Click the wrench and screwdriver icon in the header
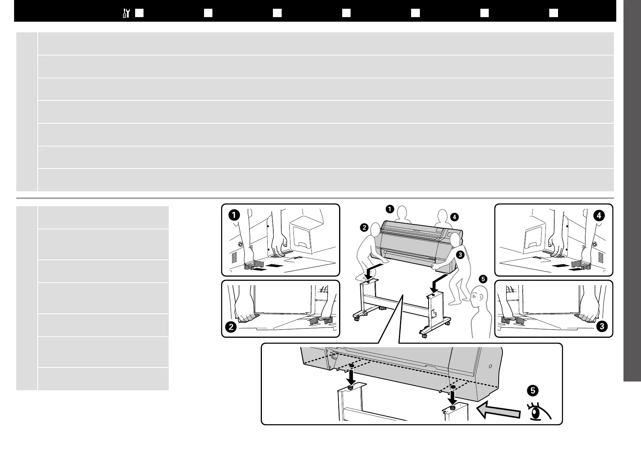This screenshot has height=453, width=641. tap(127, 13)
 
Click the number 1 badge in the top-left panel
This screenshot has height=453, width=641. tap(234, 215)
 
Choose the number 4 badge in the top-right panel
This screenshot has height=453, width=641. tap(599, 215)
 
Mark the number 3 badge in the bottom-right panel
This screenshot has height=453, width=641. tap(602, 326)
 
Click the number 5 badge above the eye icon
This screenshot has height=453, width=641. tap(532, 390)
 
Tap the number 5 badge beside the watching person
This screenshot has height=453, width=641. tap(483, 279)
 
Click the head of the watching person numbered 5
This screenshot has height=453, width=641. tap(478, 296)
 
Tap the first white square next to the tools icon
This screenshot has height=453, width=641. tap(139, 13)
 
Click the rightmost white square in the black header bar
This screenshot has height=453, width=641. tap(553, 13)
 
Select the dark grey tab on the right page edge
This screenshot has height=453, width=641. tap(632, 190)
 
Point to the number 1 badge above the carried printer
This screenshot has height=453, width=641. tap(389, 208)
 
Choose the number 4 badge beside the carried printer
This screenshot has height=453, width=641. tap(454, 217)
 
